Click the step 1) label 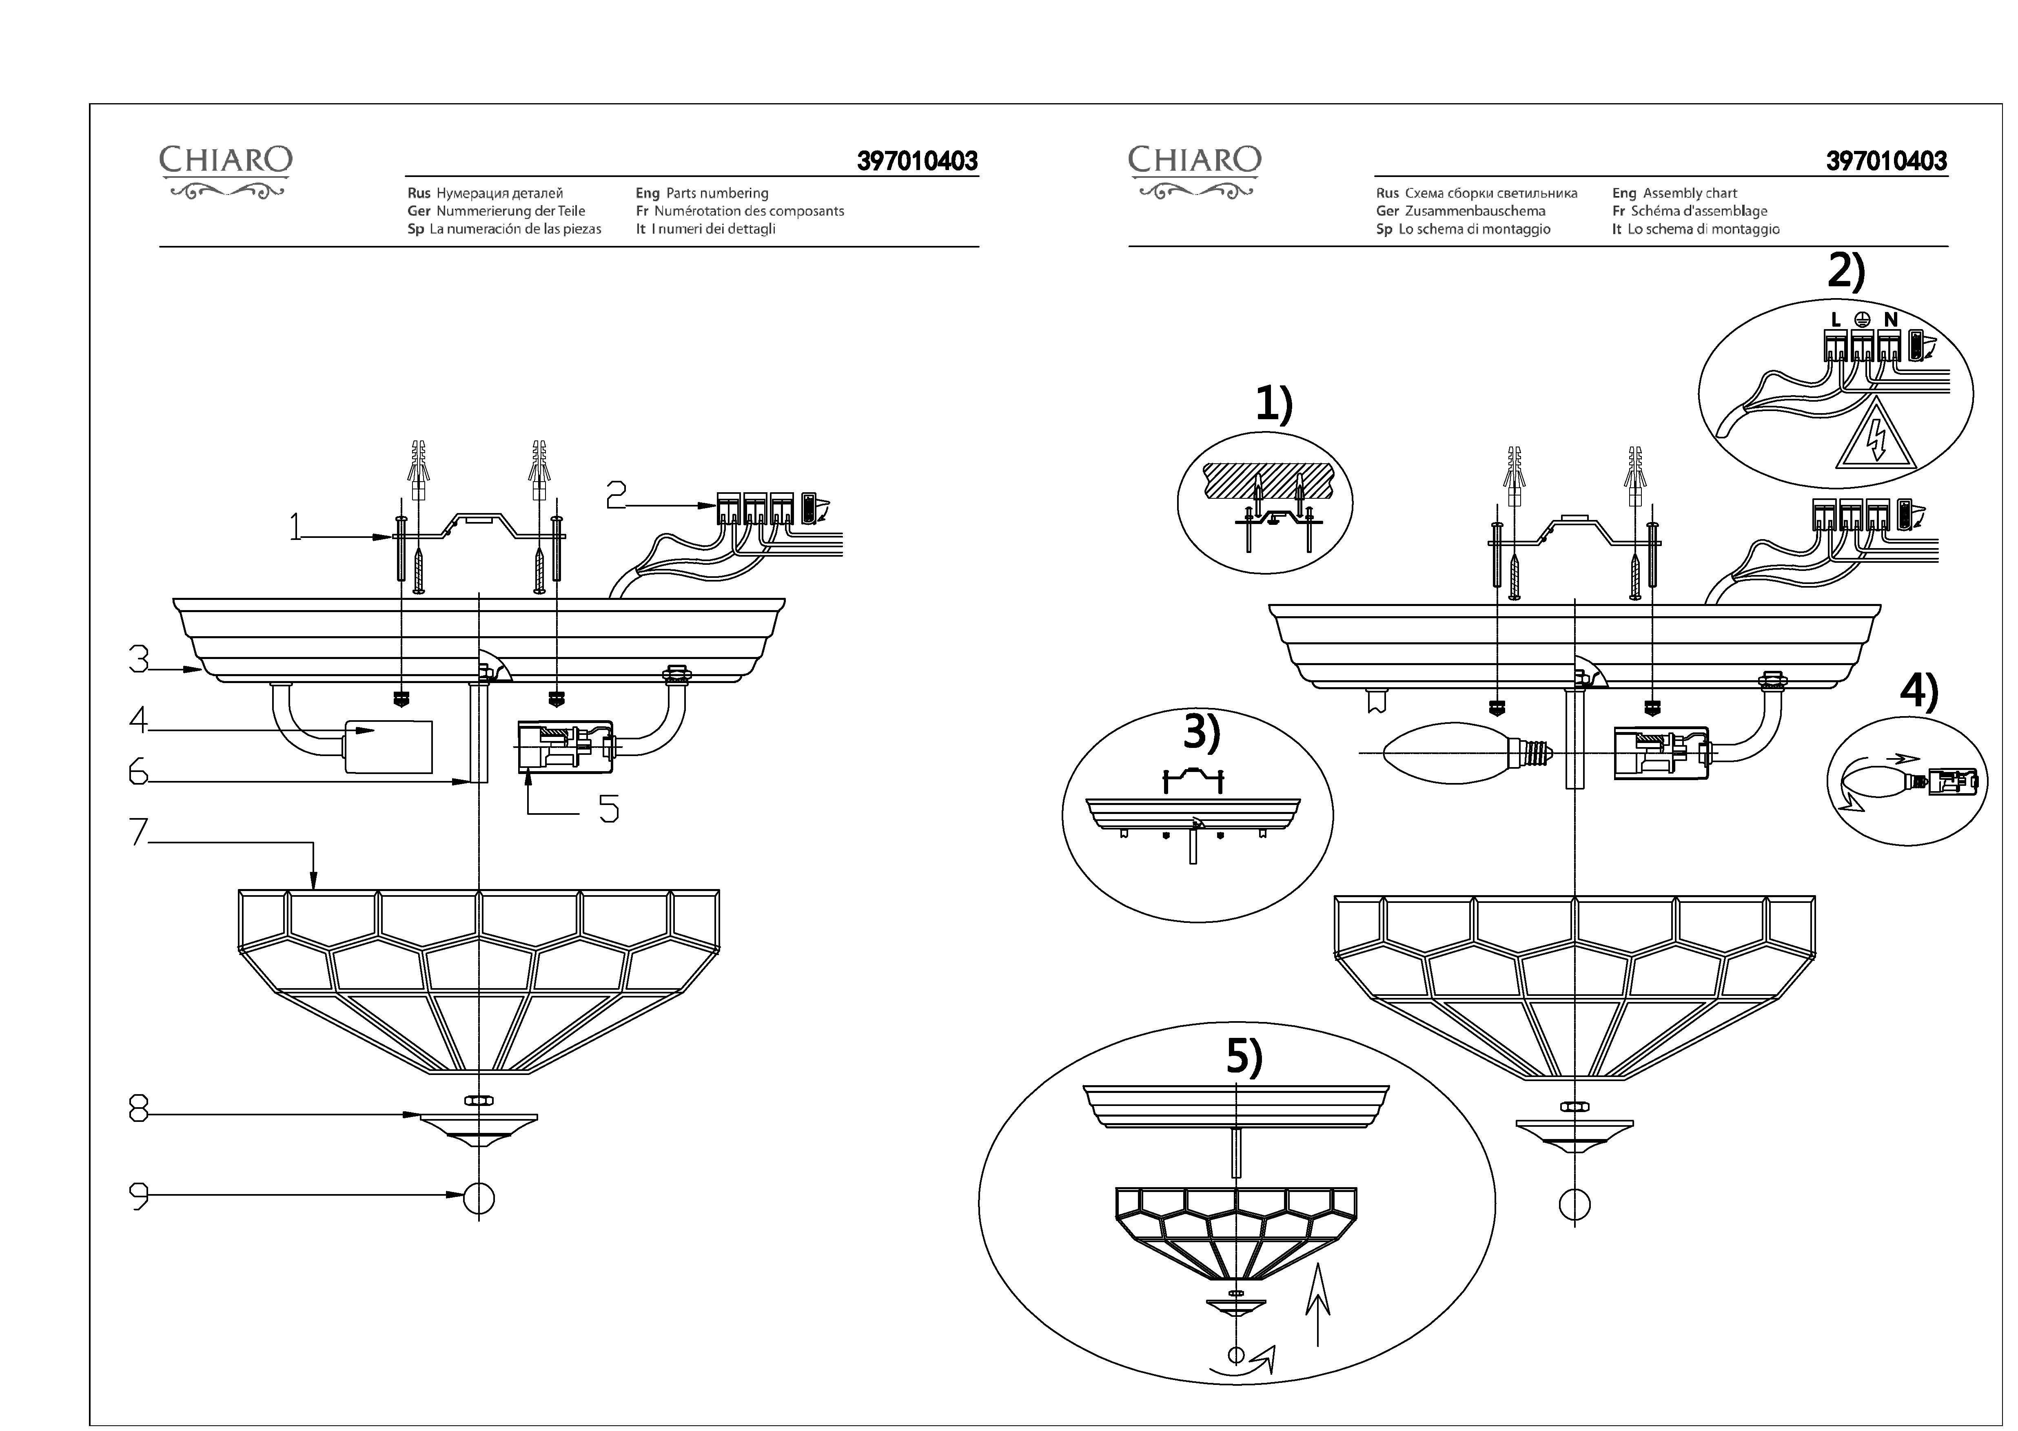[1274, 405]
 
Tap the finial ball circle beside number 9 [479, 1197]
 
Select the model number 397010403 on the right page [1887, 161]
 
